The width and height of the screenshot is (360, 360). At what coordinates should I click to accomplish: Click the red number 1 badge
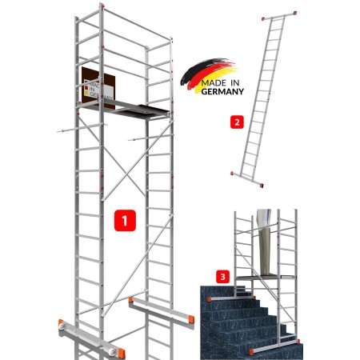[125, 220]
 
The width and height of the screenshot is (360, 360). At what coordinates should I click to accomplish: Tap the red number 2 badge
[237, 122]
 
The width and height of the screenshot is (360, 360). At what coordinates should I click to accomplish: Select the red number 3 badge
[222, 277]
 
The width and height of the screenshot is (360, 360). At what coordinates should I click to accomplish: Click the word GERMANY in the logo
[222, 91]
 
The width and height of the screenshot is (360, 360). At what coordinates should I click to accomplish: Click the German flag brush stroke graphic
[208, 74]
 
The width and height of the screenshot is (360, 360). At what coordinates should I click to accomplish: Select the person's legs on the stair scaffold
[265, 242]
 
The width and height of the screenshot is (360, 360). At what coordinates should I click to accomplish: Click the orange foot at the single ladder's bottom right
[262, 185]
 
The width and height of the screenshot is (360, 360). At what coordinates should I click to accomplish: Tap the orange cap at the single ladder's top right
[294, 13]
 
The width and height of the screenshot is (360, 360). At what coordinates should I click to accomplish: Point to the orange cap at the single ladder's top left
[263, 18]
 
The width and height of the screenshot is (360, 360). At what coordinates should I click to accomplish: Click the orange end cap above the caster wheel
[61, 322]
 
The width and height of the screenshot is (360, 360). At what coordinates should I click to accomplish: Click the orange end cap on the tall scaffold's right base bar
[191, 319]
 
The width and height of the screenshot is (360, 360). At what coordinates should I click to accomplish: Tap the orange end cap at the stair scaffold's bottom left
[251, 352]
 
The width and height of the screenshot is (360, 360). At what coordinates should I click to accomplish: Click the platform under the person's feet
[266, 278]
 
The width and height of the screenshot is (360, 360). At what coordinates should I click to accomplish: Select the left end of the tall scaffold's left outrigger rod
[58, 131]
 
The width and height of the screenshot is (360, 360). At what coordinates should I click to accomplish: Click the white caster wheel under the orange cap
[62, 328]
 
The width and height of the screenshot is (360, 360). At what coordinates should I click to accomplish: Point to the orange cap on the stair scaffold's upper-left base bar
[210, 298]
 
